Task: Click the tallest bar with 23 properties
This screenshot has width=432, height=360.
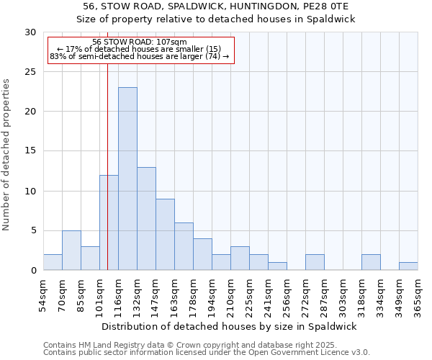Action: click(x=127, y=179)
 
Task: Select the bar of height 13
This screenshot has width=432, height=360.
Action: click(x=146, y=219)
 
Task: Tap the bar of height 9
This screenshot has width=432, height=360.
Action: click(x=165, y=235)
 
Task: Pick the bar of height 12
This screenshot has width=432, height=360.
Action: click(x=109, y=222)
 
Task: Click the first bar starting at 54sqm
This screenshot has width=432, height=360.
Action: click(x=53, y=262)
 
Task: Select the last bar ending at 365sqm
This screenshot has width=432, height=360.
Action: click(x=408, y=266)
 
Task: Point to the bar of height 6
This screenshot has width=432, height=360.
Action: click(x=184, y=246)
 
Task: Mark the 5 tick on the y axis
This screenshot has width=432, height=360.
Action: click(x=34, y=231)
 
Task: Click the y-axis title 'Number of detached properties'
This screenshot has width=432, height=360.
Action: click(x=7, y=155)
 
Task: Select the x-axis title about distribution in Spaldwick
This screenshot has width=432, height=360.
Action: click(x=230, y=326)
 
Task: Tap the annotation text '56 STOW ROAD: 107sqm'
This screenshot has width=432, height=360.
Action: click(x=140, y=42)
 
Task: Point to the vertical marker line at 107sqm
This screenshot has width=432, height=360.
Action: click(x=107, y=166)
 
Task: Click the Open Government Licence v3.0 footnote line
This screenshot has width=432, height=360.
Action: click(x=207, y=353)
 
